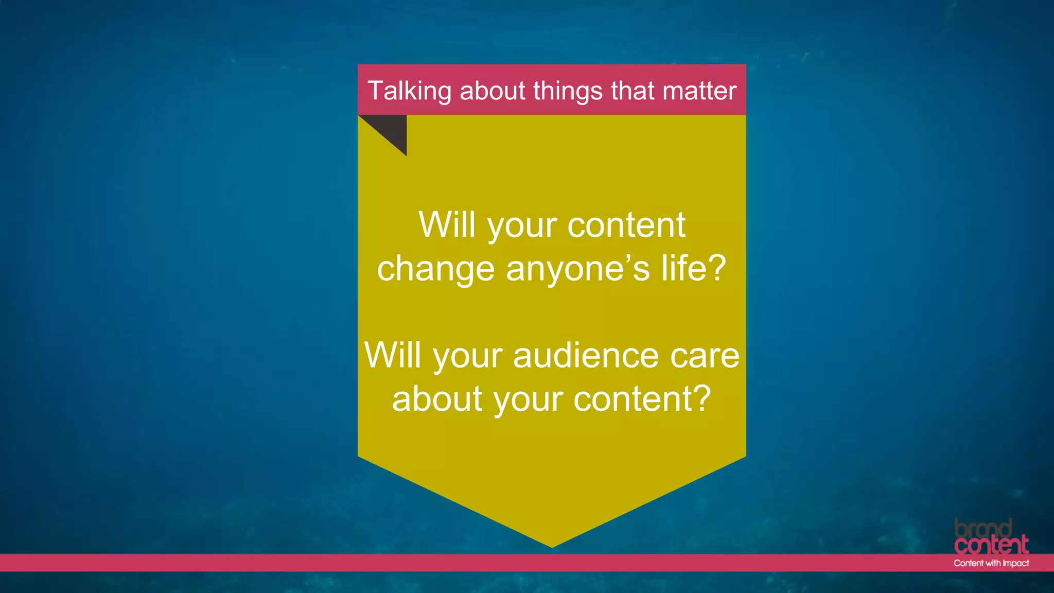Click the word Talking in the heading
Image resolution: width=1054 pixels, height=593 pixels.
point(409,91)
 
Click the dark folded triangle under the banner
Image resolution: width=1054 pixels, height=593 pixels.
point(392,129)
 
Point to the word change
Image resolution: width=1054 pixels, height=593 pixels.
point(436,269)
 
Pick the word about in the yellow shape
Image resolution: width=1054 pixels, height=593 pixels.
point(437,399)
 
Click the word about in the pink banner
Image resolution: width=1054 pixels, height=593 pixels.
point(493,91)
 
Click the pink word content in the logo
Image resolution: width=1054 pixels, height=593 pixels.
point(991,545)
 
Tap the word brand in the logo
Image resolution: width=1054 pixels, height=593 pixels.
point(983,528)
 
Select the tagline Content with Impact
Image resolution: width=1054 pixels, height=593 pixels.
point(991,563)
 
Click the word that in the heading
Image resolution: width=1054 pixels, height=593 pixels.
point(632,91)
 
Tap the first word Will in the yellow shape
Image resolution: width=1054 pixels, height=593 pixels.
point(447,225)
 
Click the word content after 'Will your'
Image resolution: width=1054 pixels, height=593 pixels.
point(626,226)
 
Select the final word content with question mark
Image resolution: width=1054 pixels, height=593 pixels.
point(642,399)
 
